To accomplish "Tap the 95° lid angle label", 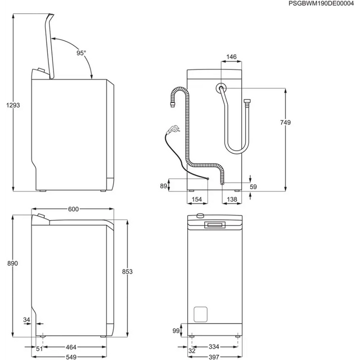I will [82, 53].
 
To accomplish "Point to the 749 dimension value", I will [286, 122].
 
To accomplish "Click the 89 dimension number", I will [164, 186].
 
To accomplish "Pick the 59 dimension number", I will [253, 187].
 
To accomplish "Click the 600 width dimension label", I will [73, 209].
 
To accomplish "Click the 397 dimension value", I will [215, 356].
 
